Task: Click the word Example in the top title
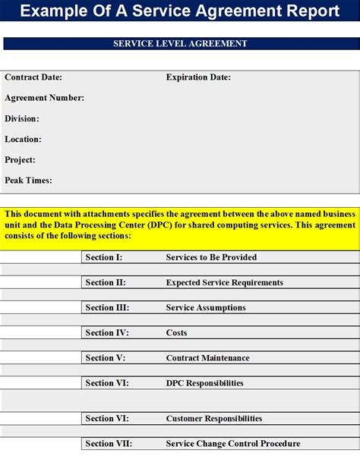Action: coord(52,11)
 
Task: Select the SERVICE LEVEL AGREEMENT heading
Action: coord(180,44)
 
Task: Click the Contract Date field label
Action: coord(33,77)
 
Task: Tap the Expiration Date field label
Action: coord(198,77)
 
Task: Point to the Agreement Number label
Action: coord(44,98)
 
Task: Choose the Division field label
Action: coord(22,118)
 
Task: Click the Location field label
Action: coord(23,140)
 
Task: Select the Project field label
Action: coord(21,160)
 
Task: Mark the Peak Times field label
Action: coord(28,181)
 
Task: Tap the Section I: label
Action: coord(104,257)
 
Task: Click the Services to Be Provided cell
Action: coord(211,257)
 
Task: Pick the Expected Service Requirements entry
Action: coord(224,282)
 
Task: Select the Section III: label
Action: coord(107,307)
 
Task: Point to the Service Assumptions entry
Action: coord(206,307)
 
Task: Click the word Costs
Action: coord(176,332)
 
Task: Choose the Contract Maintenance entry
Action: coord(207,357)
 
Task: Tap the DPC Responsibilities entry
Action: coord(204,383)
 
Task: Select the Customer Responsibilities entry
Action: coord(213,418)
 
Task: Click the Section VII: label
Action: coord(109,443)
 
